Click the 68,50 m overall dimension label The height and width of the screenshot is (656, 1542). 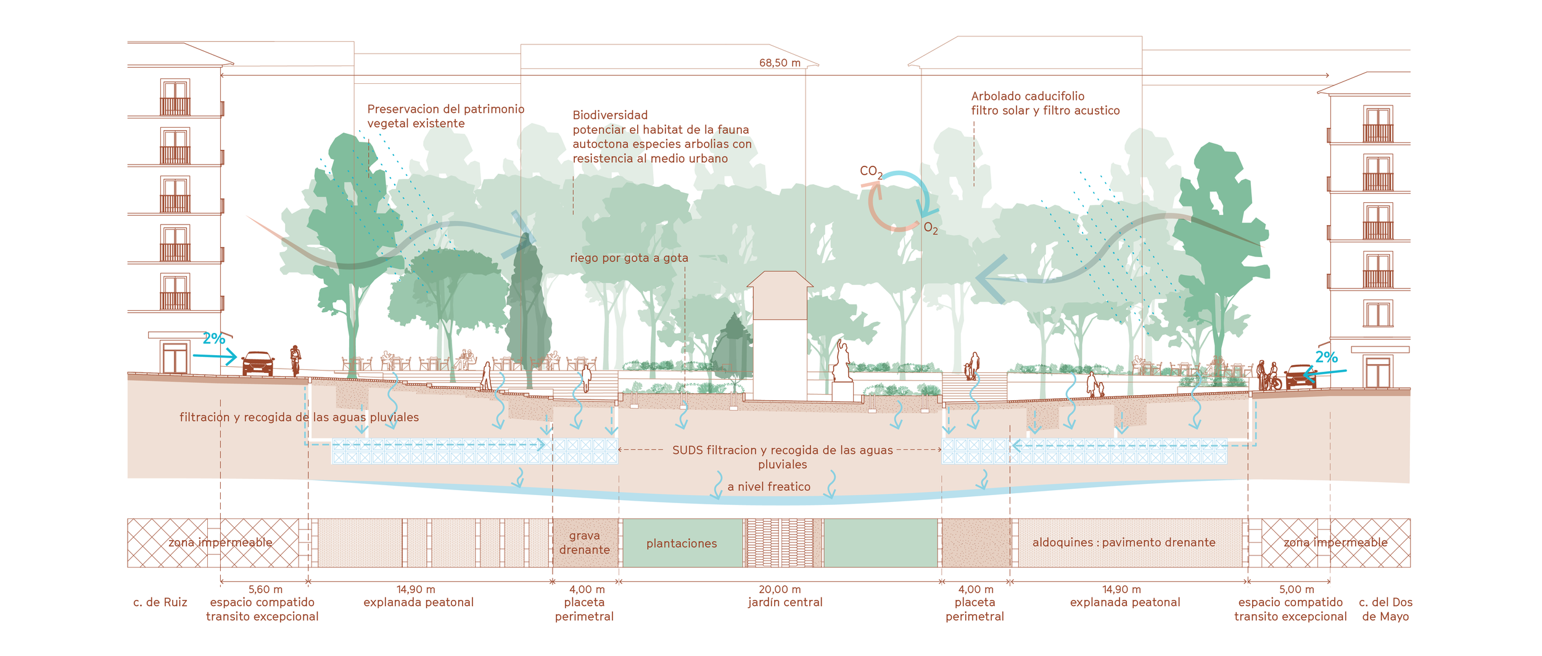click(780, 63)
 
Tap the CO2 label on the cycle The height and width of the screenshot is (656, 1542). click(870, 171)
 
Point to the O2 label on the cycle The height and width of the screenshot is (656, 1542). click(930, 229)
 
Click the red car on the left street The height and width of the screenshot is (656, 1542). click(257, 363)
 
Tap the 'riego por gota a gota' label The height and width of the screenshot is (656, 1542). click(629, 258)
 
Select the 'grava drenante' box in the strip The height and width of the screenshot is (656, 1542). click(584, 543)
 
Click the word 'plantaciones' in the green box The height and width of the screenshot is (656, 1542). click(682, 543)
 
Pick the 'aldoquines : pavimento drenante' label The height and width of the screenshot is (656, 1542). click(1124, 543)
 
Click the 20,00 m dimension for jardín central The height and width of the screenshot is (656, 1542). click(780, 589)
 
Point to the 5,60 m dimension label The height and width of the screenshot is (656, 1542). click(265, 589)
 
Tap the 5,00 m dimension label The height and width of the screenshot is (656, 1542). click(1296, 589)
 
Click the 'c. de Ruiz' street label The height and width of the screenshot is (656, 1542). click(160, 602)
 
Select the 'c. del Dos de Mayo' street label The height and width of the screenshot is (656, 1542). click(1385, 609)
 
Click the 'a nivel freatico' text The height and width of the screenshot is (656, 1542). click(769, 486)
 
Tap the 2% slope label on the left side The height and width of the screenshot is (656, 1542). click(214, 338)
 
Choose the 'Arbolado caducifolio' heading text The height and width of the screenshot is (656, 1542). click(1028, 96)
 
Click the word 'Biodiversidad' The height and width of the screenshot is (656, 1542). click(610, 115)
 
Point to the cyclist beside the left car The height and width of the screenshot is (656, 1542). click(295, 359)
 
